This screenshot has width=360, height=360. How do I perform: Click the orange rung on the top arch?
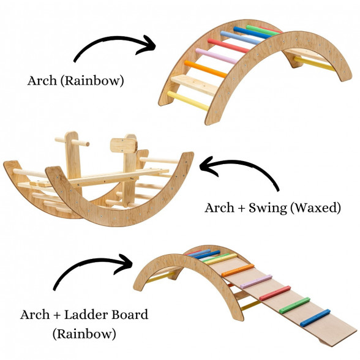(206, 69)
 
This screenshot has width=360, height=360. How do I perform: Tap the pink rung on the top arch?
(216, 56)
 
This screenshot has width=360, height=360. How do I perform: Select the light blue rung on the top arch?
(240, 38)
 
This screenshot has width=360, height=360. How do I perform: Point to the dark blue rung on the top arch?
(252, 32)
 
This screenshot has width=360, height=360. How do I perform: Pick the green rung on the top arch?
(263, 30)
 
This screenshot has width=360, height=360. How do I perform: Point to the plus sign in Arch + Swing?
(242, 208)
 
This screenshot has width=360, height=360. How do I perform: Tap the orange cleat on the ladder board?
(238, 270)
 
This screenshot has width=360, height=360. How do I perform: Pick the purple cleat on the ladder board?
(256, 282)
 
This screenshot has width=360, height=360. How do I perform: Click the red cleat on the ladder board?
(275, 293)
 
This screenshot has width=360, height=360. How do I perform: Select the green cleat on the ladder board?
(294, 305)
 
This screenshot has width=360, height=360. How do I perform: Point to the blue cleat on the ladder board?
(315, 318)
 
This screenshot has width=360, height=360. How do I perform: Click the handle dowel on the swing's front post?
(72, 142)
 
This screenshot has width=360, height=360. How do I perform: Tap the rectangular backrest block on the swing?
(124, 146)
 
